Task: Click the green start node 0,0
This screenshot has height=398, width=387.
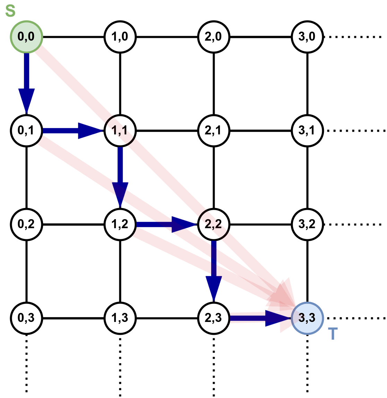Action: pyautogui.click(x=26, y=36)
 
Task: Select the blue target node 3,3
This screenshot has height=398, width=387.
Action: pyautogui.click(x=307, y=318)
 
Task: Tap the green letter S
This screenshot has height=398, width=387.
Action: pyautogui.click(x=10, y=11)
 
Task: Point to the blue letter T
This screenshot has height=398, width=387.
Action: pyautogui.click(x=333, y=334)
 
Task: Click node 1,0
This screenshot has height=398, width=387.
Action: pyautogui.click(x=120, y=36)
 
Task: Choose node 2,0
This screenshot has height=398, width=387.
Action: pyautogui.click(x=214, y=36)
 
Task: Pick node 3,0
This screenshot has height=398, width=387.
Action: pyautogui.click(x=307, y=36)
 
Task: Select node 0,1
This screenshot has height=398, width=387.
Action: pyautogui.click(x=26, y=131)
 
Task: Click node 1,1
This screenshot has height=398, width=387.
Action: pyautogui.click(x=120, y=131)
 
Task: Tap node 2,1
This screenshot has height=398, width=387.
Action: pyautogui.click(x=214, y=131)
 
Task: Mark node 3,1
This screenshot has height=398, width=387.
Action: pyautogui.click(x=307, y=131)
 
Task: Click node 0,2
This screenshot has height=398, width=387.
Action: pyautogui.click(x=26, y=224)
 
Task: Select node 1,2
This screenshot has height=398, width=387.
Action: pyautogui.click(x=120, y=224)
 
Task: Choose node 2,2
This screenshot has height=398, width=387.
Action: pyautogui.click(x=214, y=224)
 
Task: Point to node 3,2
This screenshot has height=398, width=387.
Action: pyautogui.click(x=307, y=224)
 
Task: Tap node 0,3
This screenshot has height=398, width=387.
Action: pyautogui.click(x=26, y=318)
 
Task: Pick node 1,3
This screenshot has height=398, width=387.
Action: pyautogui.click(x=120, y=318)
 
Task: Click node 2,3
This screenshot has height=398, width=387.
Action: pyautogui.click(x=214, y=318)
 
